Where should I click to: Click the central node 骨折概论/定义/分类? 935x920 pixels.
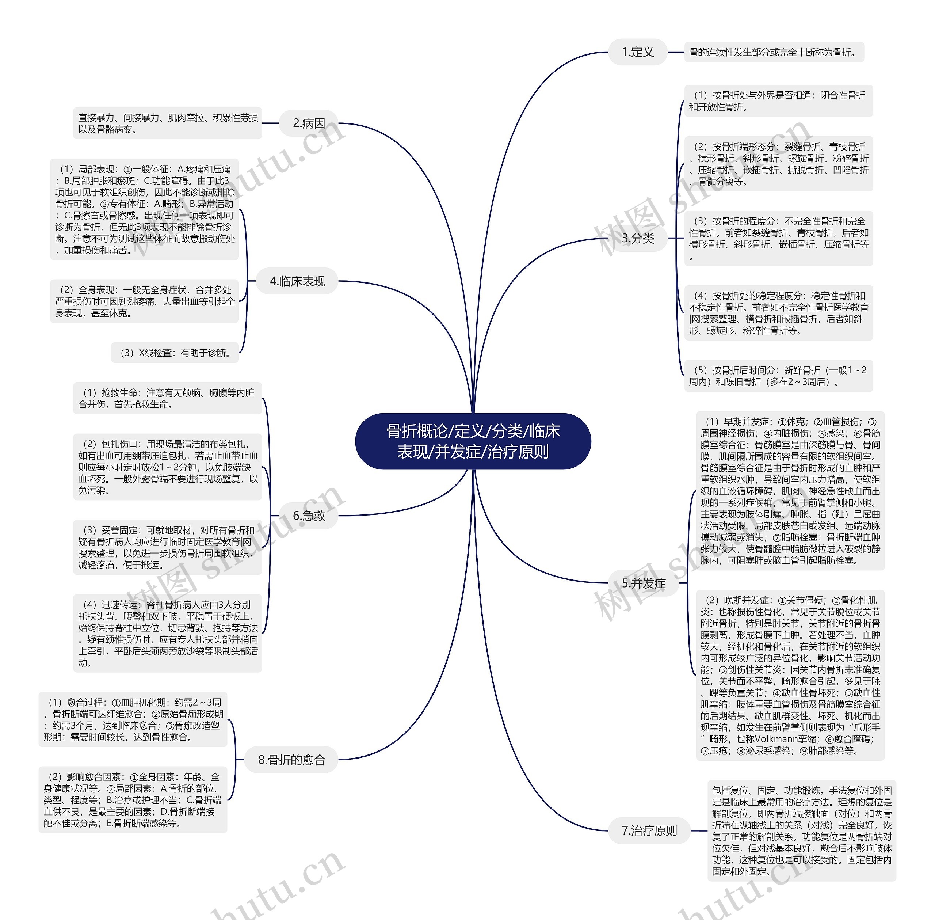473,441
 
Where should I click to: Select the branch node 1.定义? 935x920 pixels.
637,52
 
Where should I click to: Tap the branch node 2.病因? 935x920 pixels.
309,123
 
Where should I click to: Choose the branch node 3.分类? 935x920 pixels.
637,238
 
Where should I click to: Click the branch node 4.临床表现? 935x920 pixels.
297,281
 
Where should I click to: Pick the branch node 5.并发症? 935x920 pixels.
643,583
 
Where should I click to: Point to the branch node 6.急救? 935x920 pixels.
309,516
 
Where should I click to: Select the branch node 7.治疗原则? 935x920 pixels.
649,830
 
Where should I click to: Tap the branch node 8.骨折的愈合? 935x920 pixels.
291,760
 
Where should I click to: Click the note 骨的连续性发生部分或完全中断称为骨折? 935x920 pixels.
774,52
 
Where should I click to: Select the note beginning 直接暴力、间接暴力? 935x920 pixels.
168,123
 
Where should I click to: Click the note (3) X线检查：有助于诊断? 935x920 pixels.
175,353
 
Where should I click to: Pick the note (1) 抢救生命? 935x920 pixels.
168,398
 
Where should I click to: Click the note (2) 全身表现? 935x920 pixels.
144,301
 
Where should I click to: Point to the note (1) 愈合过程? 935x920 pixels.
133,719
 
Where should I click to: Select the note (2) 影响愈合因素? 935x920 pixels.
133,800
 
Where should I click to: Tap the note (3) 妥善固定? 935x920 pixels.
168,547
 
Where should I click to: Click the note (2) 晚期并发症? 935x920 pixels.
790,675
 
